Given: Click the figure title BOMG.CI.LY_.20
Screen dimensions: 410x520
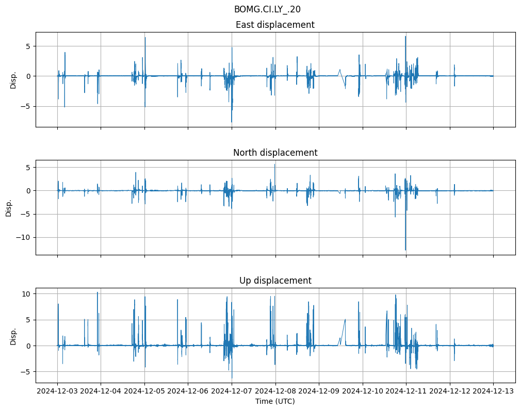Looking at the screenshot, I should (x=267, y=9).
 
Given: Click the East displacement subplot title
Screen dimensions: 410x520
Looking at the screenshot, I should (x=275, y=25).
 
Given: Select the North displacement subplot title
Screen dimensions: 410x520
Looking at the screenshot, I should (x=275, y=153).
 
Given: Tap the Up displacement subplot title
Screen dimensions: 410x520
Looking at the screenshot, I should (x=275, y=281).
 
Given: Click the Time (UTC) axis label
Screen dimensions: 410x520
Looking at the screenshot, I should (x=275, y=401).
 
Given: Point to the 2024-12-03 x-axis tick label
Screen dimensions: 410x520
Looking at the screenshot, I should (x=57, y=391).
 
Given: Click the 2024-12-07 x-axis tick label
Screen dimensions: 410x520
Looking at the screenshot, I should (x=232, y=391).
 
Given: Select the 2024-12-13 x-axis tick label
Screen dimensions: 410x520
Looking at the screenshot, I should (x=493, y=391).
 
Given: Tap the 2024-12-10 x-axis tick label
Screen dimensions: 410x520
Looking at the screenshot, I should (x=363, y=391).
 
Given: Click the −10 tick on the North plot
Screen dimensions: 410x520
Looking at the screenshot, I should (x=24, y=238).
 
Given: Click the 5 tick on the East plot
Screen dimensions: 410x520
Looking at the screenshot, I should (x=29, y=46).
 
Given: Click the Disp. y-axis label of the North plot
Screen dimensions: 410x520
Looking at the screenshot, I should (x=9, y=207).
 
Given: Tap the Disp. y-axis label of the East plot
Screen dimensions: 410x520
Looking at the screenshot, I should (x=13, y=79).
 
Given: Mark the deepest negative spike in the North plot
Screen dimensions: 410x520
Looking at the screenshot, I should (x=405, y=250).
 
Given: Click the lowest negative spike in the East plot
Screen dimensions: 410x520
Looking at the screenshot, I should (x=232, y=122).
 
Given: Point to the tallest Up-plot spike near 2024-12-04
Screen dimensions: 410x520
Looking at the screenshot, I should (x=98, y=292).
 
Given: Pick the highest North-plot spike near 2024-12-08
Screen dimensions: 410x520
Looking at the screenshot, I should (x=274, y=165).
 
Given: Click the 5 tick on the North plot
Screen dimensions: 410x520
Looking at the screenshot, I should (x=29, y=168).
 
